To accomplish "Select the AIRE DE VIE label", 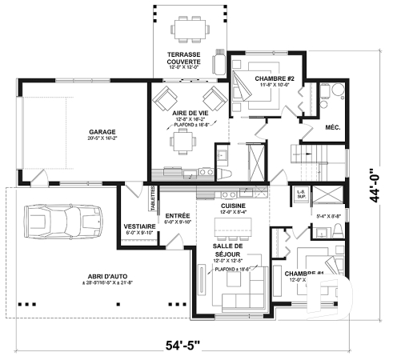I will [190, 114].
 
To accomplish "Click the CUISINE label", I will [234, 206].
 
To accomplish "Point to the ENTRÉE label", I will [177, 215].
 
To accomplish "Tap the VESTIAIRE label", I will [139, 226].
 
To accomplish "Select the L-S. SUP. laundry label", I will [302, 194].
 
